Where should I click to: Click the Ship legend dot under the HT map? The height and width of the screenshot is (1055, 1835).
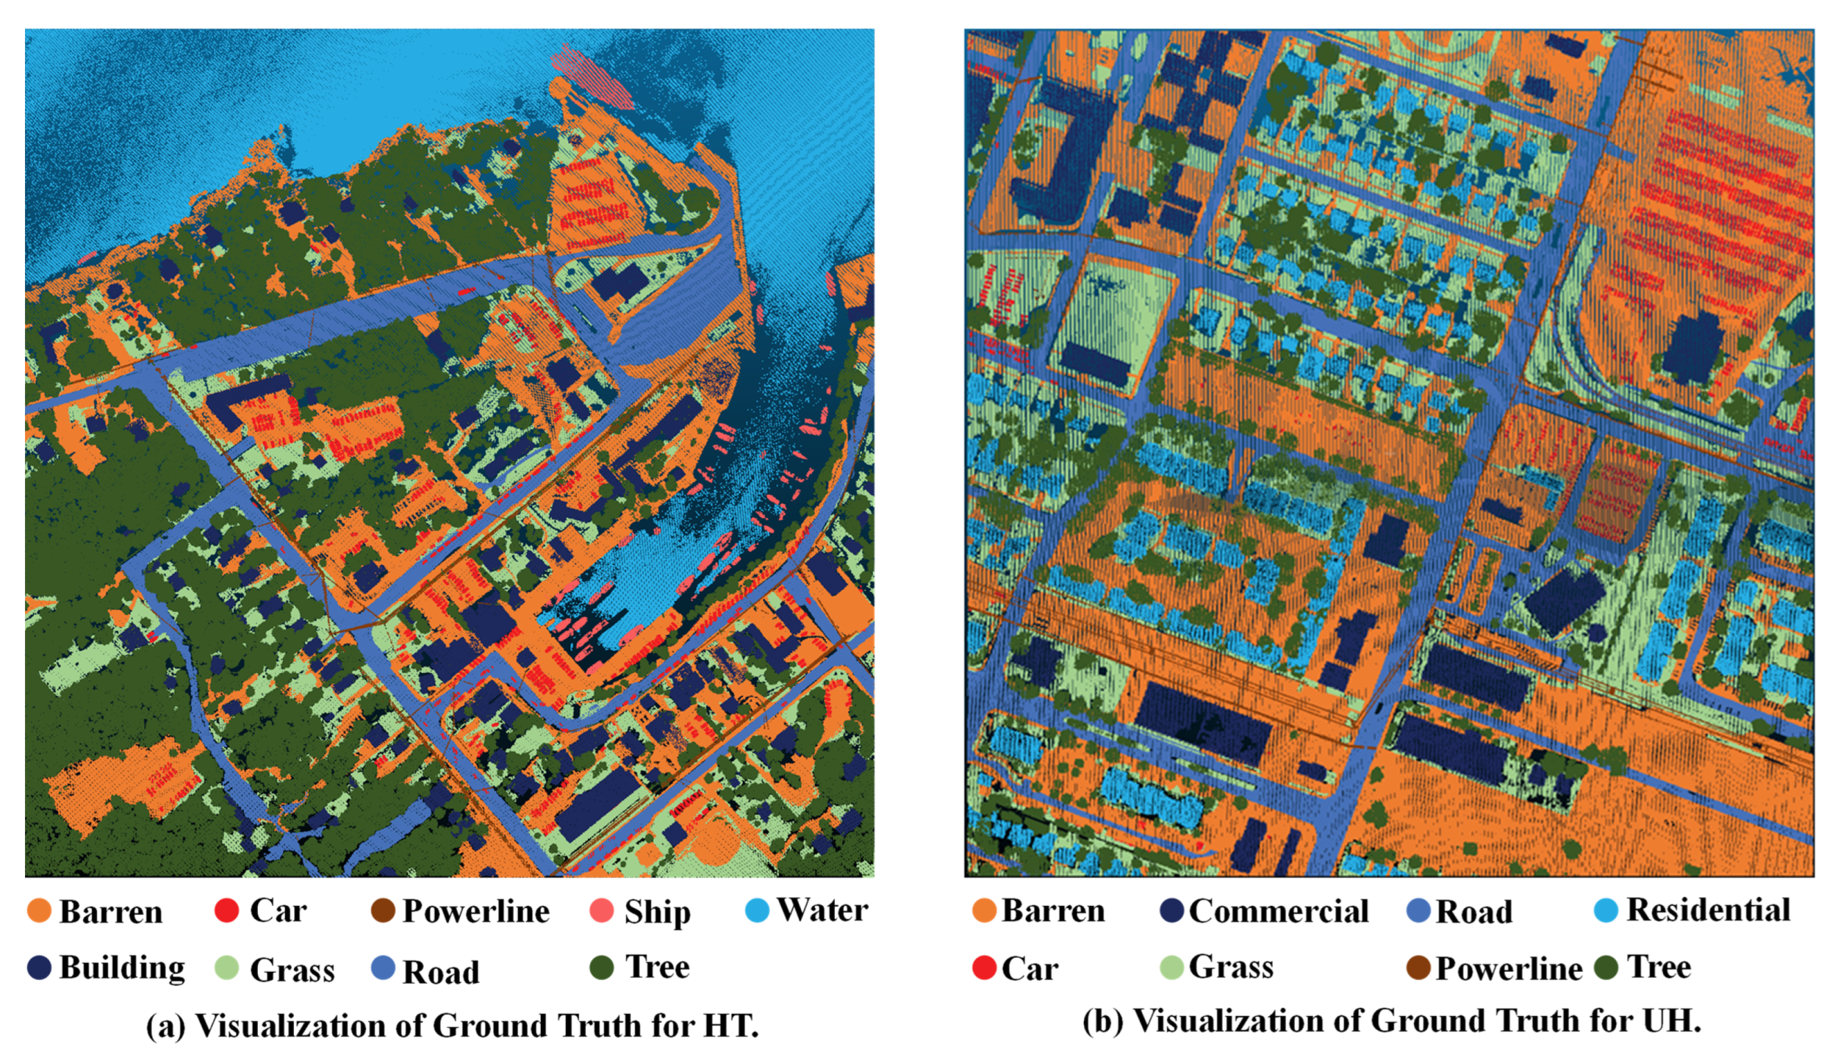pos(601,911)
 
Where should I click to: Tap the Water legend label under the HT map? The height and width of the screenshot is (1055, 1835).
pos(822,910)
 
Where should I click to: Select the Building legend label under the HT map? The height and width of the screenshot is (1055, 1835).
pos(122,968)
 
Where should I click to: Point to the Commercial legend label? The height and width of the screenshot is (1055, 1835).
pos(1278,911)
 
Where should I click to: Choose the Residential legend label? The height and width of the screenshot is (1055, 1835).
pos(1708,910)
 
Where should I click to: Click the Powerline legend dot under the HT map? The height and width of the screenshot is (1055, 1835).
pos(383,911)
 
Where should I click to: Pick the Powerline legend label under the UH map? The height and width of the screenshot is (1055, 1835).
pos(1509,969)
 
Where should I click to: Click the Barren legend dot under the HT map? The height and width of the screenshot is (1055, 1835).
pos(39,911)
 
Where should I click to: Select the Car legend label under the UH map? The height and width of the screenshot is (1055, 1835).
pos(1030,969)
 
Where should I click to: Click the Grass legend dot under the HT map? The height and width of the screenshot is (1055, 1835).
pos(227,968)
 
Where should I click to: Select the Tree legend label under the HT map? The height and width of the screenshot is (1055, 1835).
pos(657,966)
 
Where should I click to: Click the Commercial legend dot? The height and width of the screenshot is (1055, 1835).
pos(1172,911)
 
